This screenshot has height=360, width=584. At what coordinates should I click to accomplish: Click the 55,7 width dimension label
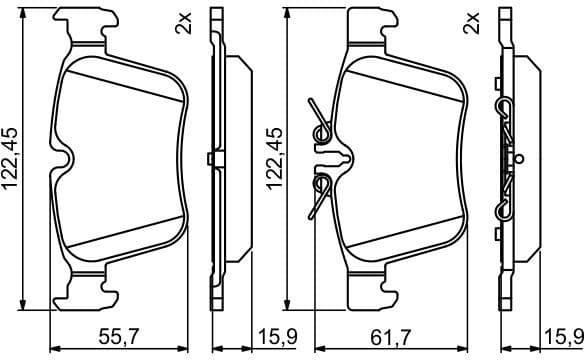(x=118, y=337)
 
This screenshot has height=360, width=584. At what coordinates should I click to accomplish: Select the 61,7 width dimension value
(x=390, y=337)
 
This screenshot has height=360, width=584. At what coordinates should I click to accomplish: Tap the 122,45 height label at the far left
(x=10, y=159)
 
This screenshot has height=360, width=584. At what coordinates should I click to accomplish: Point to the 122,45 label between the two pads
(x=274, y=159)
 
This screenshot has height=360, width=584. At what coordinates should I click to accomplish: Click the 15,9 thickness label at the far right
(x=564, y=337)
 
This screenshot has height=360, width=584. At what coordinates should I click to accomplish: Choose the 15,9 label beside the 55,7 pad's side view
(x=277, y=337)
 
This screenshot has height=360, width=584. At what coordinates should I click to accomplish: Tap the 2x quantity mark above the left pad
(x=183, y=23)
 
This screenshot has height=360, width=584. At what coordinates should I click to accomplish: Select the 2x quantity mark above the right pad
(x=471, y=23)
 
